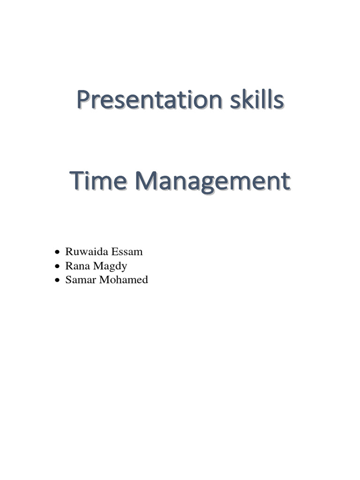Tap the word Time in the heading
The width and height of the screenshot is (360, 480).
[94, 181]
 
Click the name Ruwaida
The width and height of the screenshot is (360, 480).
[85, 252]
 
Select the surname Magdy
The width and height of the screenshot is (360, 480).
[111, 266]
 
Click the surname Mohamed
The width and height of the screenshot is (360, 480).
[121, 280]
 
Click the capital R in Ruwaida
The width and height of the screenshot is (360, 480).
[68, 252]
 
